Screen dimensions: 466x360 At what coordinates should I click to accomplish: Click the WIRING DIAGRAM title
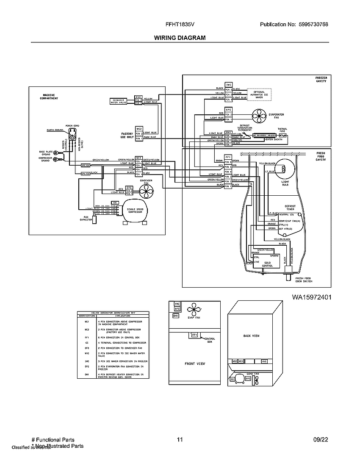[x=180, y=38]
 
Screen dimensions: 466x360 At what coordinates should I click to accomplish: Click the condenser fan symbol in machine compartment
[x=147, y=192]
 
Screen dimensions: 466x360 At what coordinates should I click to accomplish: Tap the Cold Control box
[x=267, y=262]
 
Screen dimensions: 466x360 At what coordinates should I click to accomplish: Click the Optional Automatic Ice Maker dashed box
[x=259, y=94]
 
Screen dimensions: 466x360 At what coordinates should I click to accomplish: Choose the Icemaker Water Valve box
[x=119, y=100]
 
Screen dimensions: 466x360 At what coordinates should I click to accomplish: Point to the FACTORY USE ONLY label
[x=127, y=135]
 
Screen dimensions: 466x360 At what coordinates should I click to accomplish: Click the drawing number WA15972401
[x=311, y=297]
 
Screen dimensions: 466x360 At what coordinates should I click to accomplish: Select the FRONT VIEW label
[x=195, y=363]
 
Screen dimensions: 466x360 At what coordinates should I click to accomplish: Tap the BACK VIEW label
[x=251, y=336]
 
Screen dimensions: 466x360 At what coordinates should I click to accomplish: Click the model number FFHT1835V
[x=180, y=25]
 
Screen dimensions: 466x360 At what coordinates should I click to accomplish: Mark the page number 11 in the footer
[x=180, y=440]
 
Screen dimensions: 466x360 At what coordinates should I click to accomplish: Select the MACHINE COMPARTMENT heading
[x=50, y=97]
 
